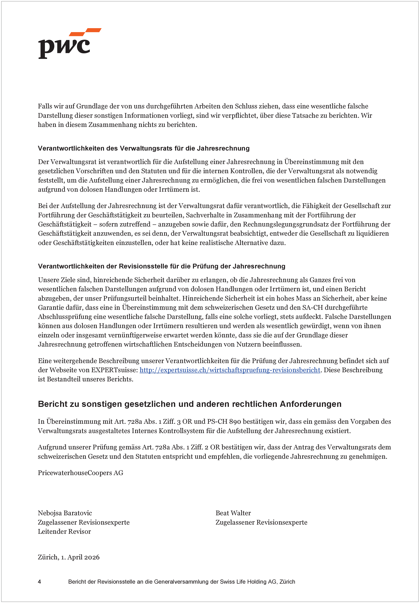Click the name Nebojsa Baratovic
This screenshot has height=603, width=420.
65,513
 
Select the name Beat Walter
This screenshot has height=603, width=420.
233,513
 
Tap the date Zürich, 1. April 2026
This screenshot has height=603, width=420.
69,557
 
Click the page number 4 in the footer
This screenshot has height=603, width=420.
40,581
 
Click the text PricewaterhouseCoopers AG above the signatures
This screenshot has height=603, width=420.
80,473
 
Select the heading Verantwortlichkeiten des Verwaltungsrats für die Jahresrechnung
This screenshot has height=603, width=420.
143,148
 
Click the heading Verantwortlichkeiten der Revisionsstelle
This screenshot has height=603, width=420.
161,266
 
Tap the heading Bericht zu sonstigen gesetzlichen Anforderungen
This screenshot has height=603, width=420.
189,404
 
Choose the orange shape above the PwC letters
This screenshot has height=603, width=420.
85,32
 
